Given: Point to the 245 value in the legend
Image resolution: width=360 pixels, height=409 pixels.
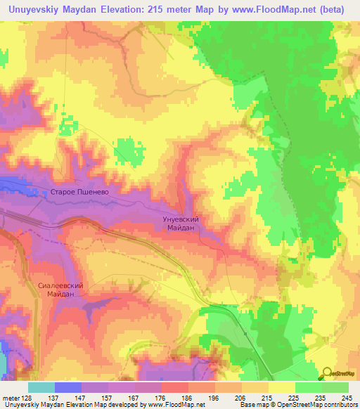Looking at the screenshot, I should coord(347,397).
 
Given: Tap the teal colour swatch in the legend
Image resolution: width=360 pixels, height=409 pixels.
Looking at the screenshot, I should coord(41,387).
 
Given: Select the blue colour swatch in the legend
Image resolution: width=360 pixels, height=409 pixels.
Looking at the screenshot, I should coord(68,387).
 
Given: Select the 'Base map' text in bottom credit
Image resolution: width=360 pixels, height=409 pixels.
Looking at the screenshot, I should coord(254,405).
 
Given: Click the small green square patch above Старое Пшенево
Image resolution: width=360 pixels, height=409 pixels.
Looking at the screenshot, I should coord(127,148).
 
